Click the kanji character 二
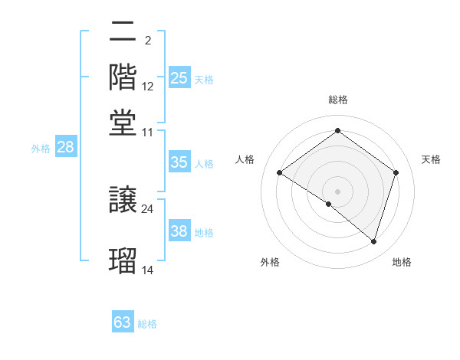tap(123, 33)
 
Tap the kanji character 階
tap(123, 76)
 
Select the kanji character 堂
tap(123, 120)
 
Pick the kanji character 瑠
tap(123, 260)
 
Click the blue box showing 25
tap(179, 78)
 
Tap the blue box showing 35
tap(179, 162)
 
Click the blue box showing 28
tap(65, 148)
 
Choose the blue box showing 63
tap(123, 322)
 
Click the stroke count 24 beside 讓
tap(147, 208)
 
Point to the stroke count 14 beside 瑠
tap(147, 270)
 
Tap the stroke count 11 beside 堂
tap(147, 132)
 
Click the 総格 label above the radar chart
tap(338, 100)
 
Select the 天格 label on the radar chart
tap(431, 159)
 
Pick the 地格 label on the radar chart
tap(402, 262)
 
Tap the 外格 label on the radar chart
tap(270, 262)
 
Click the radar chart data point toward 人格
tap(280, 173)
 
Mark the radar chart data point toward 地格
tap(373, 241)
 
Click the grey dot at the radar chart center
tap(337, 191)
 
